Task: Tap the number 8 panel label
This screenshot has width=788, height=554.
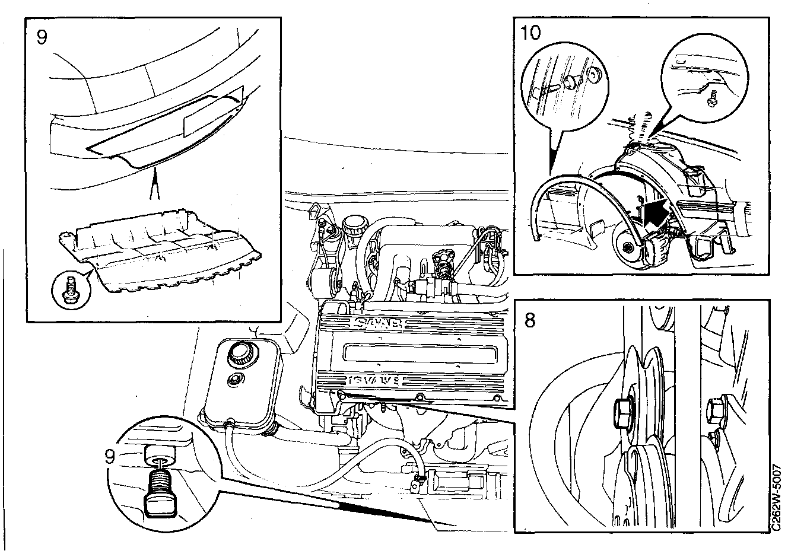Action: coord(530,320)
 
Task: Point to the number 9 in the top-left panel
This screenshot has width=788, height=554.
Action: coord(42,37)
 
